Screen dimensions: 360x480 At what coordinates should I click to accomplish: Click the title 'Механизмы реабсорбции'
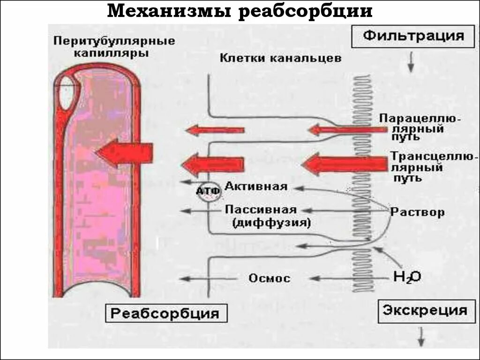click(x=240, y=11)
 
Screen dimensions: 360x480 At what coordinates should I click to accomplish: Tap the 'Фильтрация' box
click(x=414, y=36)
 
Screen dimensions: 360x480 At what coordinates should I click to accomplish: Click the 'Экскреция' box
click(x=425, y=310)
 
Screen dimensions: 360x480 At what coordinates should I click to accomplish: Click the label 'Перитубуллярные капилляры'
click(x=114, y=47)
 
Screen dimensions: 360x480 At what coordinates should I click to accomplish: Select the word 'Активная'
click(x=255, y=186)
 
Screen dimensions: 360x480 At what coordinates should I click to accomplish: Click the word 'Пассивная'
click(x=261, y=210)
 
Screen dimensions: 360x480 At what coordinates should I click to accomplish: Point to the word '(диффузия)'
click(x=271, y=223)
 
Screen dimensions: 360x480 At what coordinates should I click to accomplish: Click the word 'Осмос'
click(x=270, y=278)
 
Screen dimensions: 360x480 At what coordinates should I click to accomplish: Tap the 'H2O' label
click(x=406, y=277)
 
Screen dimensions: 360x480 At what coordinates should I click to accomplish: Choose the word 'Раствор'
click(x=417, y=212)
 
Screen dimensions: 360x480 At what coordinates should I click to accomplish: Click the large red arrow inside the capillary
click(x=124, y=153)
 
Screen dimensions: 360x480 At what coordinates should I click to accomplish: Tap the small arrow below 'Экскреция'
click(x=421, y=336)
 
